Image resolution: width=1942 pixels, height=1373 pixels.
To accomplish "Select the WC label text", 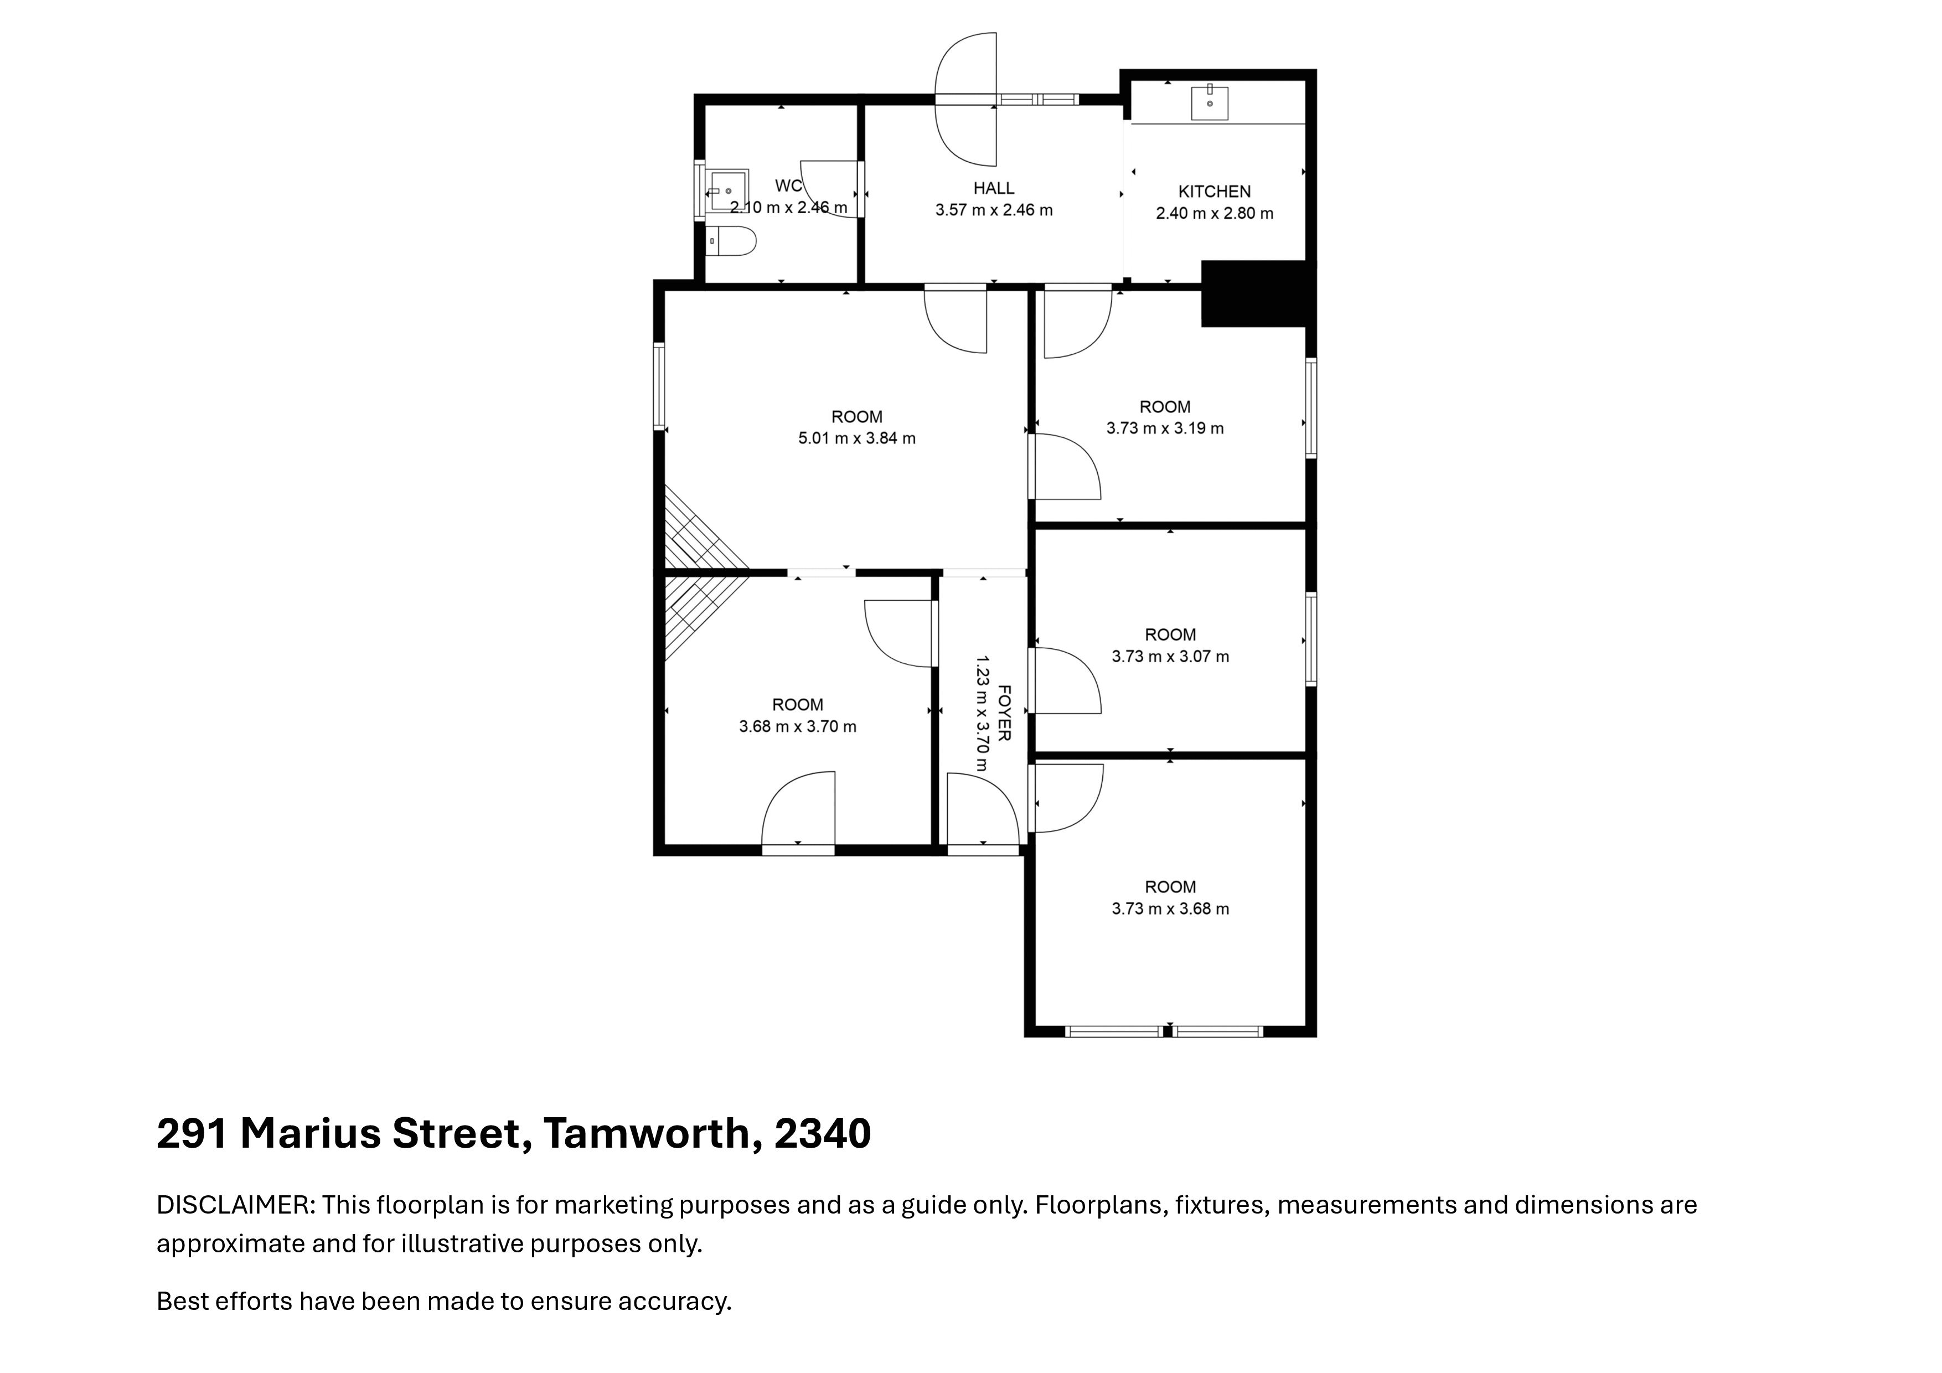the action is (788, 186).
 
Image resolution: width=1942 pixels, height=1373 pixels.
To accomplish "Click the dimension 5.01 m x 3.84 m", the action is (857, 438).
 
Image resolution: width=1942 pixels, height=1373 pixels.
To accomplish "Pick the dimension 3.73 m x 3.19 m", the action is (1165, 428).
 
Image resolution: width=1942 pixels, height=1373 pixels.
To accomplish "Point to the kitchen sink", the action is (1210, 102).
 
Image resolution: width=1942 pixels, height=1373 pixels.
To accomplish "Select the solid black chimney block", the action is (1255, 293).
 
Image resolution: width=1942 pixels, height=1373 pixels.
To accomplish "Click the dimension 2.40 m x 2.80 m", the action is (1215, 213).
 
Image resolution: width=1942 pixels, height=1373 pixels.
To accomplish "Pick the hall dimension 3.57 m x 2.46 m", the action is (994, 210).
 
